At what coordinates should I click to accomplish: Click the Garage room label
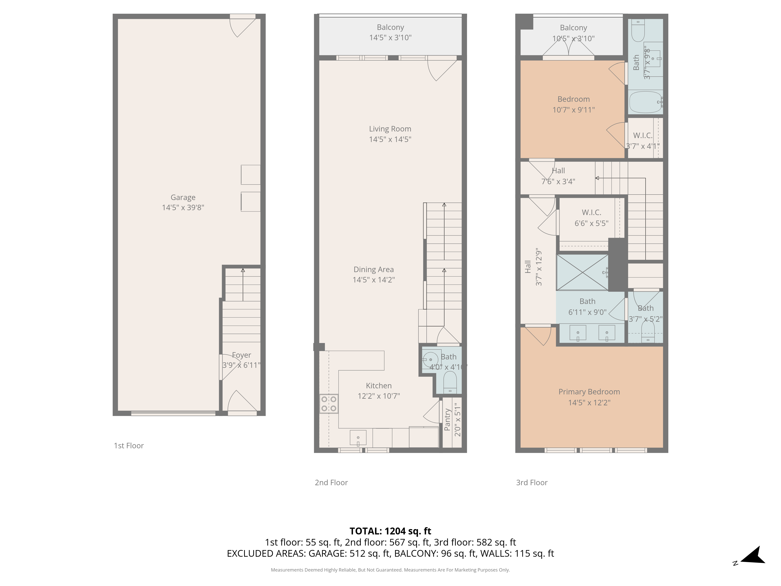(183, 197)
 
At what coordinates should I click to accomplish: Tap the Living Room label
(390, 129)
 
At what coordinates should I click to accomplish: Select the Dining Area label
(374, 270)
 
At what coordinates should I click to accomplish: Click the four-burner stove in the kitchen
(329, 404)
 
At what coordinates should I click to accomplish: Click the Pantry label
(447, 420)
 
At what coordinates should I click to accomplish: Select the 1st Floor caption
(129, 446)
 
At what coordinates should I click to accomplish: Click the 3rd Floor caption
(532, 482)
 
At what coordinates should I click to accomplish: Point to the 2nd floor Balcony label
(390, 27)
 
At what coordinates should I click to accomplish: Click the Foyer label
(242, 355)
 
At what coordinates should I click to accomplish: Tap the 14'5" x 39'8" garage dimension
(183, 208)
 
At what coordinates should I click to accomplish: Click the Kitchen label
(379, 386)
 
